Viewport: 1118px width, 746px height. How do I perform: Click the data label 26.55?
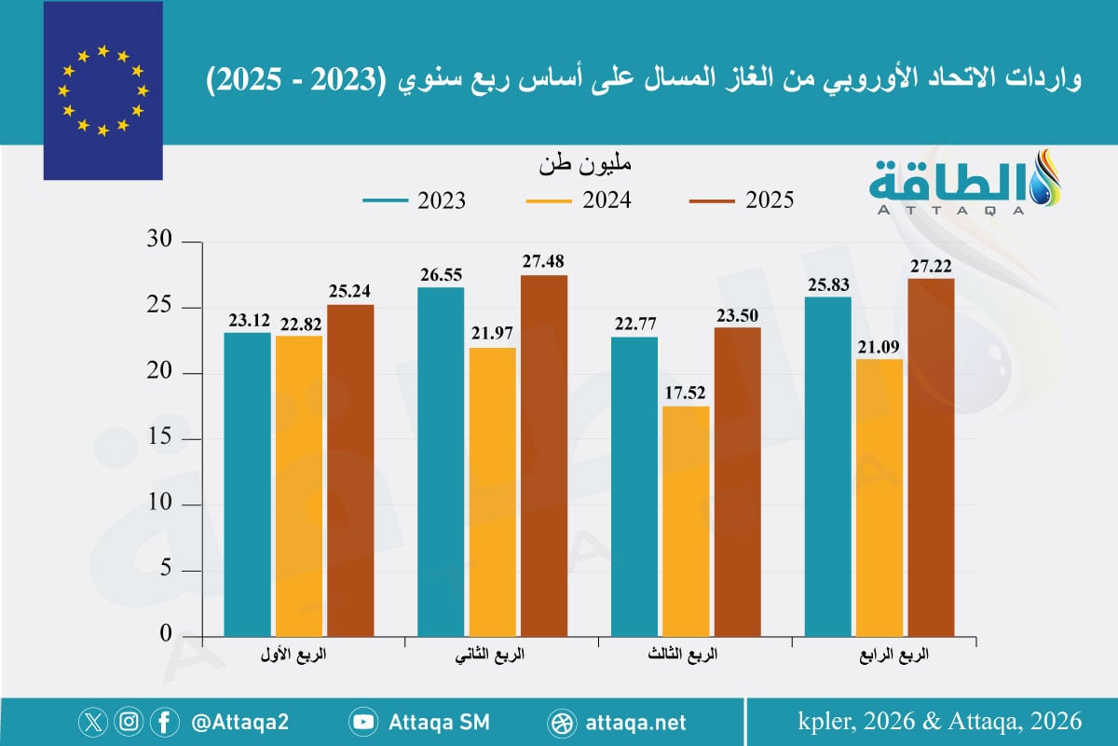[x=441, y=275]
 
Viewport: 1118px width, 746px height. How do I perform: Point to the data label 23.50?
[x=737, y=315]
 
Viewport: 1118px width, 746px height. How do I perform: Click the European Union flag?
[x=102, y=90]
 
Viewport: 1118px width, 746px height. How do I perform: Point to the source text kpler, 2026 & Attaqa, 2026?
[x=940, y=721]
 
